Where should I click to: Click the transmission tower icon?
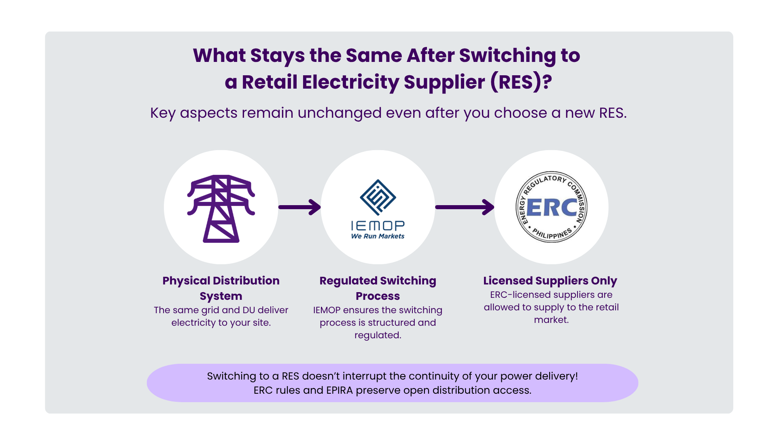click(x=221, y=208)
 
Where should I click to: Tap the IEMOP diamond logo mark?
click(x=378, y=197)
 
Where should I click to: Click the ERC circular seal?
click(x=551, y=207)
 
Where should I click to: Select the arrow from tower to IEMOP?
click(x=300, y=207)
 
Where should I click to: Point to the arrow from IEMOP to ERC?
click(x=465, y=207)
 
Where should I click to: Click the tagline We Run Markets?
click(x=378, y=236)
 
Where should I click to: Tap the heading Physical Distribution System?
click(x=221, y=288)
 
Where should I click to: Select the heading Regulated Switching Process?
click(x=378, y=288)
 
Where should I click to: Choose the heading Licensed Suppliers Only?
click(x=550, y=280)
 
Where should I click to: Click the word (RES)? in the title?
click(x=521, y=82)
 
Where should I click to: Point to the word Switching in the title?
click(x=507, y=55)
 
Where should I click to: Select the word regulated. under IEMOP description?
click(x=378, y=335)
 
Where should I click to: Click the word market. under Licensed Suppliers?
click(x=551, y=320)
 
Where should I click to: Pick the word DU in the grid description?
click(x=248, y=310)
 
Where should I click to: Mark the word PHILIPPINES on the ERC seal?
click(x=552, y=234)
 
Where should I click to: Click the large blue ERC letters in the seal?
click(x=552, y=208)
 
